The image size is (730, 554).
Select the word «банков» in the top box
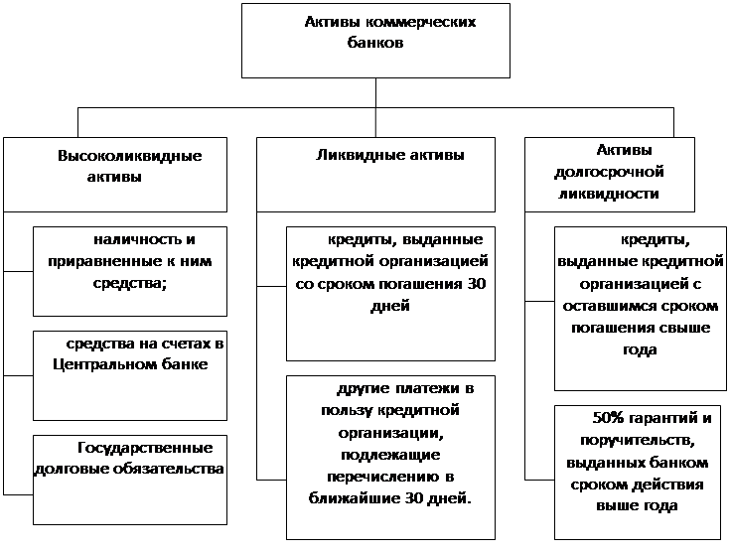(375, 43)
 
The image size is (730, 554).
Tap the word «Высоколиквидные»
(130, 156)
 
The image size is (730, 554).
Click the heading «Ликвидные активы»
(390, 155)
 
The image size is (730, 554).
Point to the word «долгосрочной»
(610, 172)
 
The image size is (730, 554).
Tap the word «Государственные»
(145, 448)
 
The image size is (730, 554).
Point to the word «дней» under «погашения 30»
(390, 307)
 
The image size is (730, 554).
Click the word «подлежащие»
(390, 455)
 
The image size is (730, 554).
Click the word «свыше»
(685, 328)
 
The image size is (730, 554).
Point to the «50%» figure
(608, 418)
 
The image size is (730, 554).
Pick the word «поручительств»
(637, 441)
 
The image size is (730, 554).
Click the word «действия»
(669, 485)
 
